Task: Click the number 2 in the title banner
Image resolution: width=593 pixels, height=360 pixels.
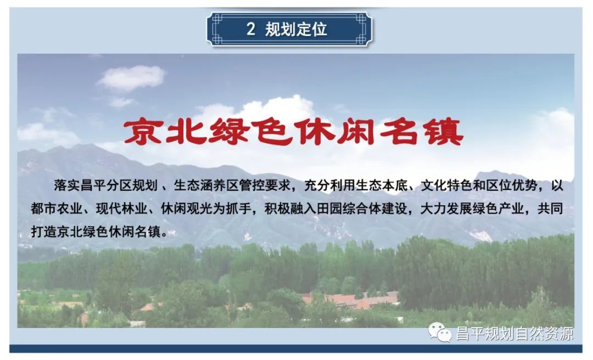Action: point(250,29)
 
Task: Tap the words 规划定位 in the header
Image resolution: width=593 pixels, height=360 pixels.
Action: point(296,29)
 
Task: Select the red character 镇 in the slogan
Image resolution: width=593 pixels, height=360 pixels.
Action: point(444,131)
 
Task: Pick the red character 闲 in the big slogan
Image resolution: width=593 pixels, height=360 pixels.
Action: point(357,131)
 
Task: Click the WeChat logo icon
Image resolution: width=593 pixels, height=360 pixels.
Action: point(440,333)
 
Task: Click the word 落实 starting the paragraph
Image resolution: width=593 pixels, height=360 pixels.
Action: point(67,185)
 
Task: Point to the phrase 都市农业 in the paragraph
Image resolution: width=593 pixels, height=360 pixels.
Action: point(57,209)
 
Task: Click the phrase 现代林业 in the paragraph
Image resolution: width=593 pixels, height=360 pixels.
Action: point(121,209)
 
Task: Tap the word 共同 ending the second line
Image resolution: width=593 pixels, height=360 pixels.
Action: point(550,209)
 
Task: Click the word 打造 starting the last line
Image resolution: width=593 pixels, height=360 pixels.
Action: point(44,232)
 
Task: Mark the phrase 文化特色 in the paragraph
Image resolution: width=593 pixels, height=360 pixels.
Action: point(446,185)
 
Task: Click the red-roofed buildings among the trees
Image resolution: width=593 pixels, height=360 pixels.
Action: point(350,300)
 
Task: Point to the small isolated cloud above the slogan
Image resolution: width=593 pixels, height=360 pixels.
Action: point(131,78)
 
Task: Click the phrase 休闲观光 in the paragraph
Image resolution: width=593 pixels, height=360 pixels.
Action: point(187,209)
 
